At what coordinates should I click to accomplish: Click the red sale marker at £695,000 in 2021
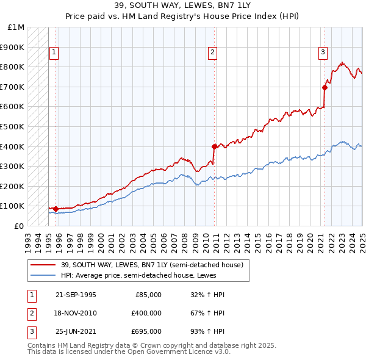click(x=325, y=87)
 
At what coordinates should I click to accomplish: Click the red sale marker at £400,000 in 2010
click(x=214, y=146)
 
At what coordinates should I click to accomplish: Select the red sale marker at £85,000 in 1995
click(x=56, y=209)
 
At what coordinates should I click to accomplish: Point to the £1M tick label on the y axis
click(x=16, y=27)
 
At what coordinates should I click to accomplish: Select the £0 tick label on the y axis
click(x=20, y=226)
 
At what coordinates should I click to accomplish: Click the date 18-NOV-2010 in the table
click(x=75, y=313)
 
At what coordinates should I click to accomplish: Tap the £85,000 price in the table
click(x=148, y=295)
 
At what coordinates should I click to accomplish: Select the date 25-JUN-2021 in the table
click(x=75, y=331)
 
